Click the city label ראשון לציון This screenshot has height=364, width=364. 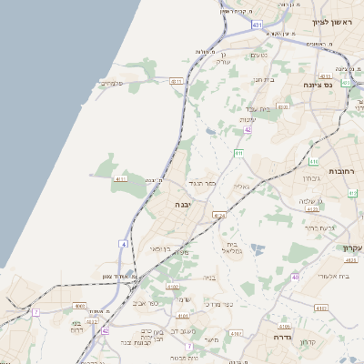331,22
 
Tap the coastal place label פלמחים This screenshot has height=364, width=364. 110,83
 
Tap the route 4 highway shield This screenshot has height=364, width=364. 124,244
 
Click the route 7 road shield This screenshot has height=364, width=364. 36,312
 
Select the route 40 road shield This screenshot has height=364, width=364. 295,276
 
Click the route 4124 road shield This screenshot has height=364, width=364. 218,215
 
